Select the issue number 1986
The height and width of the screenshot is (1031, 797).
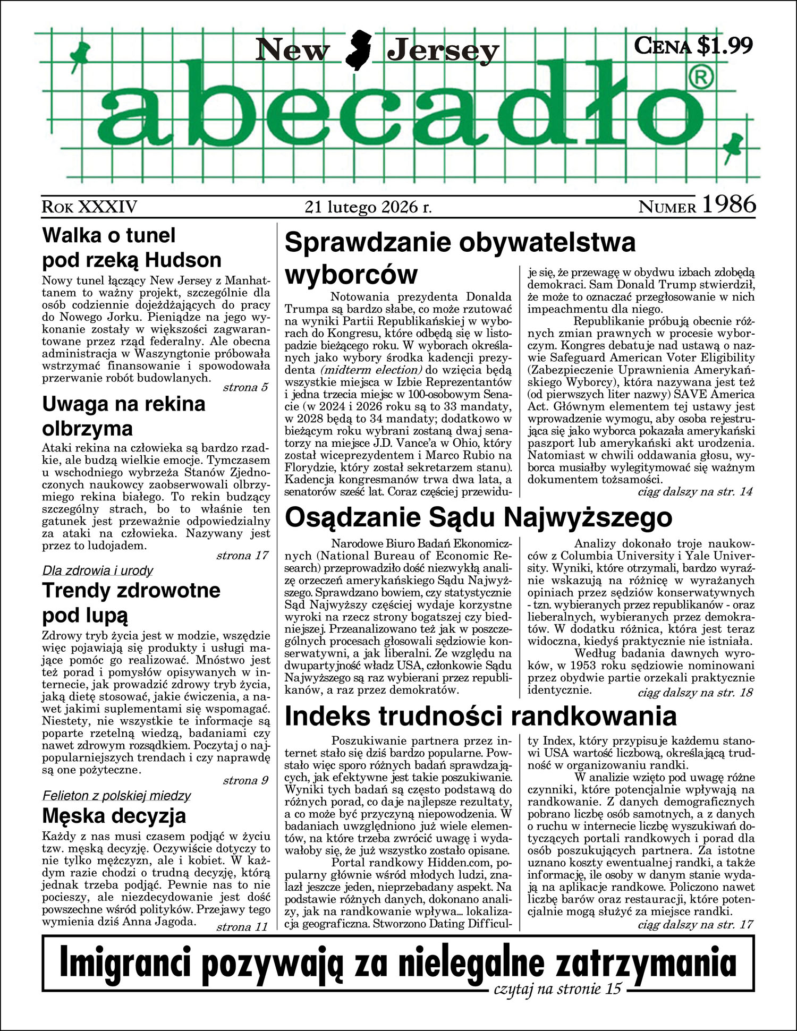tap(728, 205)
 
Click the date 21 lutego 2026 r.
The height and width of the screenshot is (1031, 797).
tap(368, 207)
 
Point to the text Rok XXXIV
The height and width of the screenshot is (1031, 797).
tap(89, 207)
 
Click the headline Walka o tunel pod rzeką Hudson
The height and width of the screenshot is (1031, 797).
tap(131, 248)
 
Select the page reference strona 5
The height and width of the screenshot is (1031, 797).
tap(245, 387)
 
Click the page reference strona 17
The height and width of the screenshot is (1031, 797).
tap(242, 556)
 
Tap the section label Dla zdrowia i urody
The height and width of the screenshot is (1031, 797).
tap(98, 570)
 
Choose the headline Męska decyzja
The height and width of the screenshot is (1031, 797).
tap(114, 815)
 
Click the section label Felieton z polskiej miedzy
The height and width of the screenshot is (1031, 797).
tap(116, 795)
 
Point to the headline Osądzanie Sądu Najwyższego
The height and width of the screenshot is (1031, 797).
tap(478, 517)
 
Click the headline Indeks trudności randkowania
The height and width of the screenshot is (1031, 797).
tap(481, 716)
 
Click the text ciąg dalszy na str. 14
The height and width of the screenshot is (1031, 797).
tap(695, 491)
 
